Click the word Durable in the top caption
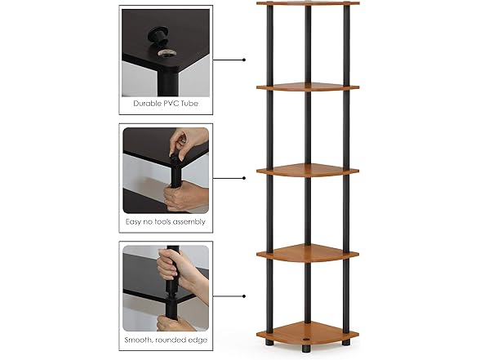[x=146, y=104]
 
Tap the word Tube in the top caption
[x=190, y=104]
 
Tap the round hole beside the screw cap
[x=168, y=52]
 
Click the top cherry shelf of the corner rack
[x=308, y=3]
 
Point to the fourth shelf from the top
[x=308, y=254]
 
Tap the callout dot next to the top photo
[x=245, y=60]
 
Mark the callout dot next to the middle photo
[x=245, y=177]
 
